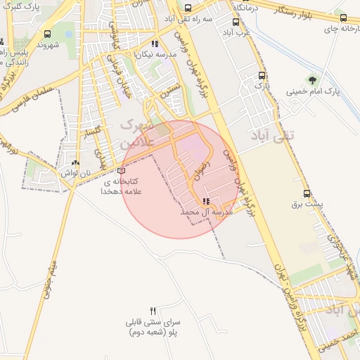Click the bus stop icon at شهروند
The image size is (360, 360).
tap(47, 34)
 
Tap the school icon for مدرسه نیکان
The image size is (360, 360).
tap(155, 44)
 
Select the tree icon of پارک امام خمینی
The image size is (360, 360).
tap(312, 79)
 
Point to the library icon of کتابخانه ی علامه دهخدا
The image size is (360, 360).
tap(122, 170)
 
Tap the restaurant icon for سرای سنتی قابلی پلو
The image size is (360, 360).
tap(153, 311)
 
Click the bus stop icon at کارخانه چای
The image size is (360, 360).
tap(343, 18)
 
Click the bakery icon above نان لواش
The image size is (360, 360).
tap(75, 162)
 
